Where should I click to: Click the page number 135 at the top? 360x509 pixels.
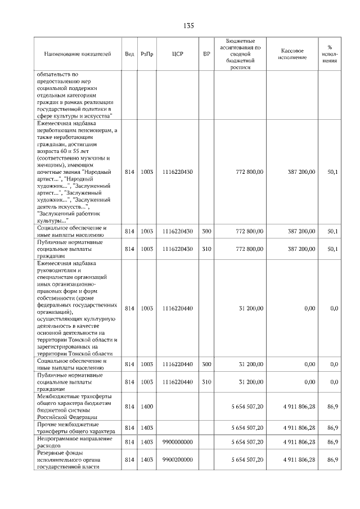188,26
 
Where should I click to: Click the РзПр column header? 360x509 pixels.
147,54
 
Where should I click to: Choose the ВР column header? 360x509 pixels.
206,54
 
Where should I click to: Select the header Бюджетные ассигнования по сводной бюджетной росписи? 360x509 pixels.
244,54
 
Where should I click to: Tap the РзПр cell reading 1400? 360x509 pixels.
147,406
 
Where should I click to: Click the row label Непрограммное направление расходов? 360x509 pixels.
75,442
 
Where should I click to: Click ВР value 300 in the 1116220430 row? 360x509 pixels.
206,231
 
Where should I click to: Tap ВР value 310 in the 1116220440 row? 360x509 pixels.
206,382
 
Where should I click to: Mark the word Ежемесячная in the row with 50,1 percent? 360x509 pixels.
58,123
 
